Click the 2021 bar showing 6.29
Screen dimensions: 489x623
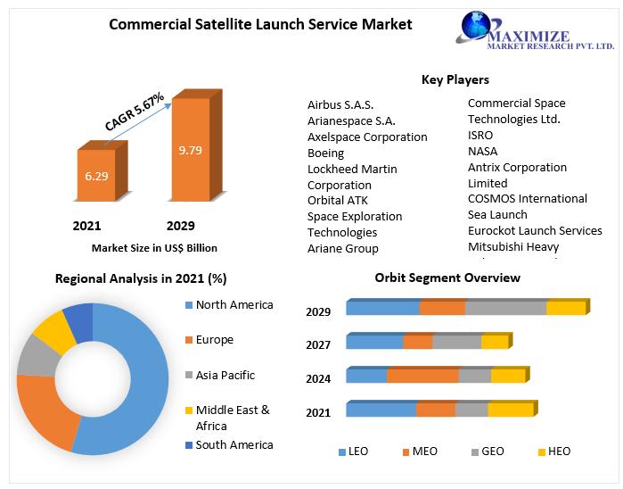pyautogui.click(x=96, y=176)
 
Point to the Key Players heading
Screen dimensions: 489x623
pyautogui.click(x=455, y=80)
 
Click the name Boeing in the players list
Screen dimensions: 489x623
pyautogui.click(x=325, y=153)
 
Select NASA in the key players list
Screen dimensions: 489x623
pyautogui.click(x=482, y=151)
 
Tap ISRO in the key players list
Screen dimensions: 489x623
pyautogui.click(x=480, y=135)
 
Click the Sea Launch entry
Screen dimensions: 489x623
pyautogui.click(x=497, y=214)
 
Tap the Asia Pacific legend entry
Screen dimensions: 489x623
pyautogui.click(x=225, y=375)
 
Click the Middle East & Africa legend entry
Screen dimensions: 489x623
pyautogui.click(x=232, y=418)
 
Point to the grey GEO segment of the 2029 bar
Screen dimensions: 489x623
pyautogui.click(x=505, y=308)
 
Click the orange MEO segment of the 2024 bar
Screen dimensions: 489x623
pyautogui.click(x=422, y=375)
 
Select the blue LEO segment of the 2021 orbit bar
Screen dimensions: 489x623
pyautogui.click(x=381, y=410)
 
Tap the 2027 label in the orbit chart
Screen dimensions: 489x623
pyautogui.click(x=318, y=345)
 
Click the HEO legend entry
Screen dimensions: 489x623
pyautogui.click(x=553, y=452)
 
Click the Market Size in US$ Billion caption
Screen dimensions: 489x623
pyautogui.click(x=154, y=248)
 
